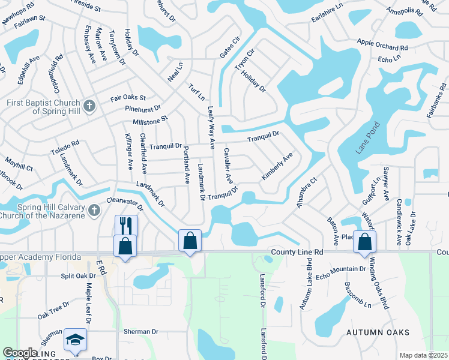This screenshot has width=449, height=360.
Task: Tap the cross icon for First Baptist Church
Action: point(89,106)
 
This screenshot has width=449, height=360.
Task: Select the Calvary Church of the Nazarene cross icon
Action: point(94,211)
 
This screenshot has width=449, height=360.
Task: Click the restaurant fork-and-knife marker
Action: point(126,226)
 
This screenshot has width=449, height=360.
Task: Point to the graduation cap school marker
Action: point(75,339)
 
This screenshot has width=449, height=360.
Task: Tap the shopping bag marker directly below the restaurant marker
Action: point(125,246)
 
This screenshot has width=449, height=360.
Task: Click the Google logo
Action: point(20,353)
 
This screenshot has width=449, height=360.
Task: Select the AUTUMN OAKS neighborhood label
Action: point(378,332)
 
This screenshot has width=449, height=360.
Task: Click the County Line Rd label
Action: point(297,253)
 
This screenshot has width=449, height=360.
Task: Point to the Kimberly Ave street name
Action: point(277,166)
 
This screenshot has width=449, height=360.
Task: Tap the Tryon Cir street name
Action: point(245,60)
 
